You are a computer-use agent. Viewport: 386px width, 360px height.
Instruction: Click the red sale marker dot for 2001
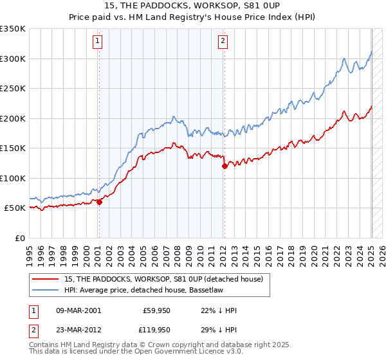pyautogui.click(x=99, y=202)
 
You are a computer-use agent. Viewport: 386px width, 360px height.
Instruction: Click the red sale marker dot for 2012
pyautogui.click(x=225, y=166)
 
